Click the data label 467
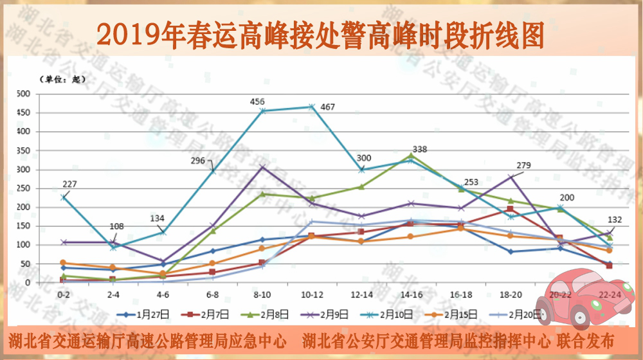click(x=328, y=107)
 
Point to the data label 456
click(x=258, y=102)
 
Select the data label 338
click(x=419, y=150)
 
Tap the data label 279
click(x=523, y=166)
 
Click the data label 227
click(x=70, y=184)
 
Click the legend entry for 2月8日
click(x=267, y=314)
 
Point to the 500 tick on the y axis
click(x=24, y=94)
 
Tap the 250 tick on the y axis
click(x=24, y=188)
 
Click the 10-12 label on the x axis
click(x=312, y=294)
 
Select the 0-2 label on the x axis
click(x=64, y=294)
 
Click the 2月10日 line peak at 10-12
click(x=312, y=107)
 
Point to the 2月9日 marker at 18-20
click(x=511, y=177)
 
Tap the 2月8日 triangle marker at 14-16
click(x=411, y=156)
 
